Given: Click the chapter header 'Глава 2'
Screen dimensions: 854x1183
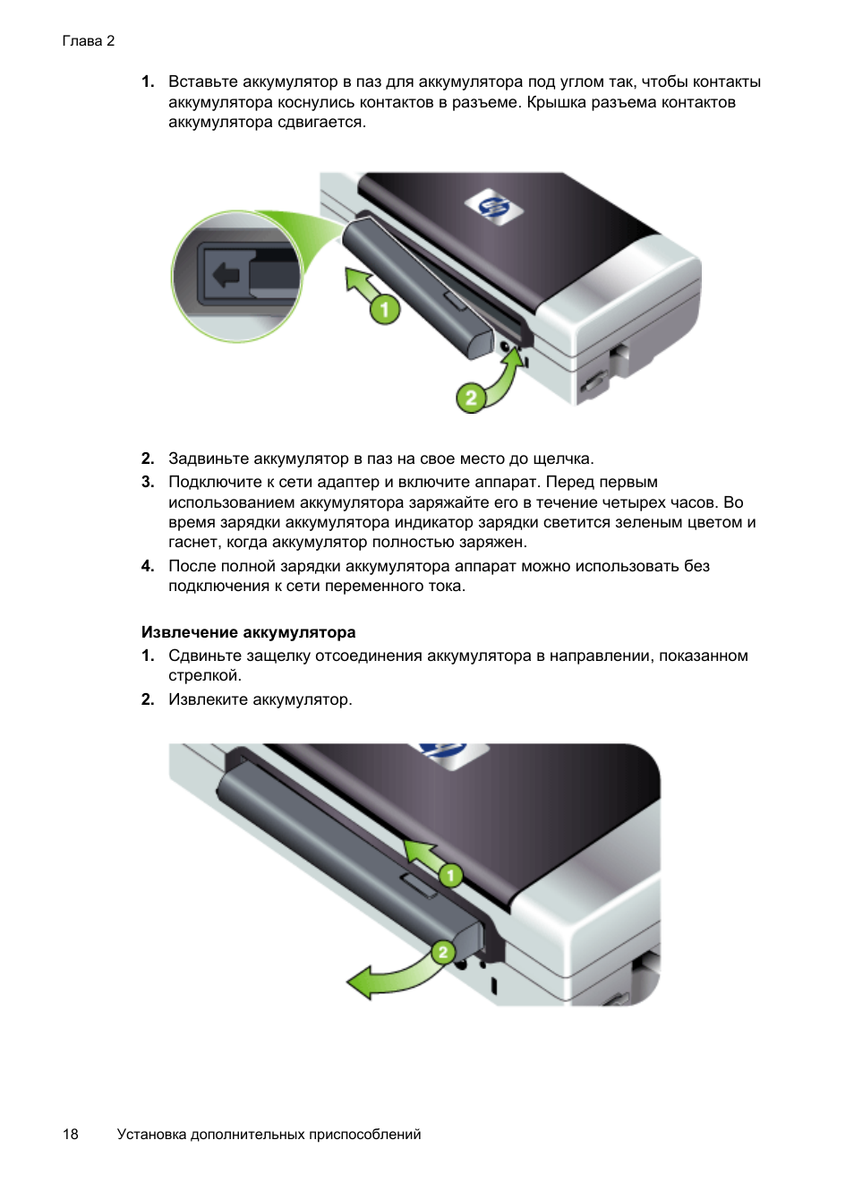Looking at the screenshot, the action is click(88, 41).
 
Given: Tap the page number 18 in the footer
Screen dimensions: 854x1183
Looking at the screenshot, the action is click(71, 1134).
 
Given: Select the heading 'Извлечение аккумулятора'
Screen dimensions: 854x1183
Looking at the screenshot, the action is click(249, 632).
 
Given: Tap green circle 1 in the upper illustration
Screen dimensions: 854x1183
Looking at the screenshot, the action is click(385, 309).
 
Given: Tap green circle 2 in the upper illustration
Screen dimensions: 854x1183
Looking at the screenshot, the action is click(472, 397).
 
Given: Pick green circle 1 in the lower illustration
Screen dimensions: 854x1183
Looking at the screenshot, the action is click(450, 876).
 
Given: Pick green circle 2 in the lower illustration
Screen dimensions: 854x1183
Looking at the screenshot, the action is click(443, 952).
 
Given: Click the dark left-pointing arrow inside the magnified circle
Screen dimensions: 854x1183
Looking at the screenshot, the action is click(226, 275).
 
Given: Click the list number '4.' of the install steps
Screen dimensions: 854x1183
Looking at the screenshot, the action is click(148, 566).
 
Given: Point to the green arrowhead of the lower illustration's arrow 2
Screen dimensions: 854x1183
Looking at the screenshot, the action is click(362, 982).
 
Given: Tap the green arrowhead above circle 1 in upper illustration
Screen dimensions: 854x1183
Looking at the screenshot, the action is click(356, 279).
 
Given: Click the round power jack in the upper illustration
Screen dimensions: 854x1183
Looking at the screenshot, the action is click(506, 347).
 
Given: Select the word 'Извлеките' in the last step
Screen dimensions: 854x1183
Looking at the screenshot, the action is click(208, 699).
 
